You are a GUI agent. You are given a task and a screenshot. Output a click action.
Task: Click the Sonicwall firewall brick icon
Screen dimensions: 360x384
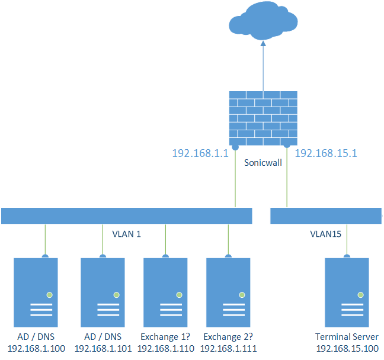263,118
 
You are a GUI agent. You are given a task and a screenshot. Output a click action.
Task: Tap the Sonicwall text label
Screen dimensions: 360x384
262,161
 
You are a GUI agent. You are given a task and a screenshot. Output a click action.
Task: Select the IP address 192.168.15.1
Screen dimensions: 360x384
326,153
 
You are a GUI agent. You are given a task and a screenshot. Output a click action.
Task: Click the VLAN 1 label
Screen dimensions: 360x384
126,234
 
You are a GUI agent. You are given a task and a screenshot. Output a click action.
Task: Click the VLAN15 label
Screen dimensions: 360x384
326,234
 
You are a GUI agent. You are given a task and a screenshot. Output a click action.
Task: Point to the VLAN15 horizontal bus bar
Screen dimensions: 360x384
326,216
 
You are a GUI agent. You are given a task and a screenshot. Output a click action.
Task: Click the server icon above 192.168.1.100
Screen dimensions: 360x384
37,293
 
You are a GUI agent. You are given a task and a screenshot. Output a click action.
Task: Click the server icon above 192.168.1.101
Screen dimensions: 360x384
103,293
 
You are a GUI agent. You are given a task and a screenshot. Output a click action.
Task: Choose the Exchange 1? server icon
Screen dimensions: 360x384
165,293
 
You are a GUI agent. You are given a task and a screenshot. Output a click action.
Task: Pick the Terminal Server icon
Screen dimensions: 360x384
347,293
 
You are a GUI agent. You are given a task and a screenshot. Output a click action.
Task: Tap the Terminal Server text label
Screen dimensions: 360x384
347,337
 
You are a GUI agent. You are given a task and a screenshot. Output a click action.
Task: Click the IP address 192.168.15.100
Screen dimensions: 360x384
347,349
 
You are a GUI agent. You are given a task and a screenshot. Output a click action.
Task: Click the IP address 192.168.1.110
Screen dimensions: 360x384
165,349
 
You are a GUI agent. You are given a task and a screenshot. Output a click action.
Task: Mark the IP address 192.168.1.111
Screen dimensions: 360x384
228,349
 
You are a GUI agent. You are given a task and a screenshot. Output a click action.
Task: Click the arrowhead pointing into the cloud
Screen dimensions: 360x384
263,43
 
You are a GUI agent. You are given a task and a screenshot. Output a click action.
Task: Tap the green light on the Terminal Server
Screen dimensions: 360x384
360,294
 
